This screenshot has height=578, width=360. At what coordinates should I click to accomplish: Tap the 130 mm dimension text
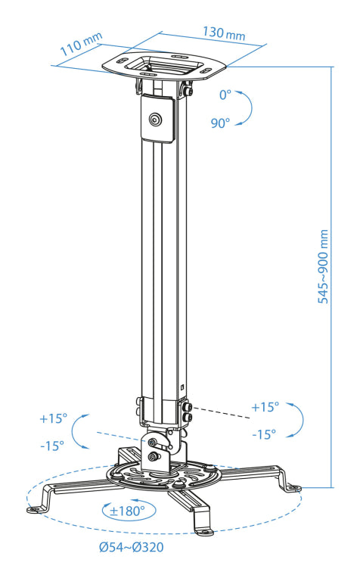point(223,34)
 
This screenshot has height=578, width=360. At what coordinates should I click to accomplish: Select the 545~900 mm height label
point(323,266)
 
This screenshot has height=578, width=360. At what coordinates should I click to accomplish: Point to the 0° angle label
point(225,95)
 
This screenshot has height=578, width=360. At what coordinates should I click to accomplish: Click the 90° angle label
point(221,123)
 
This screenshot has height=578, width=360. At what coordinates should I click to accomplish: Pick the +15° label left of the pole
point(54,418)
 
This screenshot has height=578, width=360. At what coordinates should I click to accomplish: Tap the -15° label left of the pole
point(52,445)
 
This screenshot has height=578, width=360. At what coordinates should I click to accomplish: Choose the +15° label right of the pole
point(264,407)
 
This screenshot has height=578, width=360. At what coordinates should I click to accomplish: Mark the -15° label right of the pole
point(262,434)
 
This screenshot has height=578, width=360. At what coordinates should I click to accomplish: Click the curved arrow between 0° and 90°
point(247,107)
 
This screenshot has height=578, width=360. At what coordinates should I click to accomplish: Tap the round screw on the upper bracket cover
point(156,119)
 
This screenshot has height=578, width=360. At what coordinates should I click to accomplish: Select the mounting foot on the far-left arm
point(36,508)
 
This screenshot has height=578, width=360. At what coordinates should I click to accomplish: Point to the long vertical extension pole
point(161,265)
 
